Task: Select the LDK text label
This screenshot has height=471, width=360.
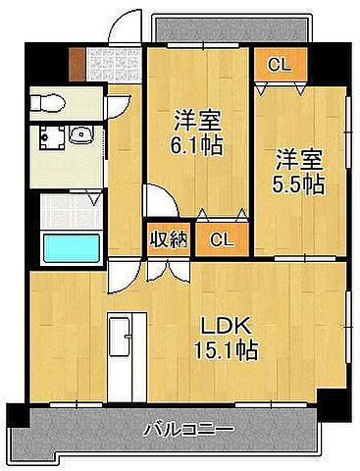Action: (x=225, y=325)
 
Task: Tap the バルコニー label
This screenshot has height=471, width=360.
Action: (x=186, y=429)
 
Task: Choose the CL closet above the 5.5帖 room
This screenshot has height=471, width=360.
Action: (x=280, y=66)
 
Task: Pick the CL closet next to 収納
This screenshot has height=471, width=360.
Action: (x=222, y=237)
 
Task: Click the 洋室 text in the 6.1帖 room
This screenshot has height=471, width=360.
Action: (x=197, y=123)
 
